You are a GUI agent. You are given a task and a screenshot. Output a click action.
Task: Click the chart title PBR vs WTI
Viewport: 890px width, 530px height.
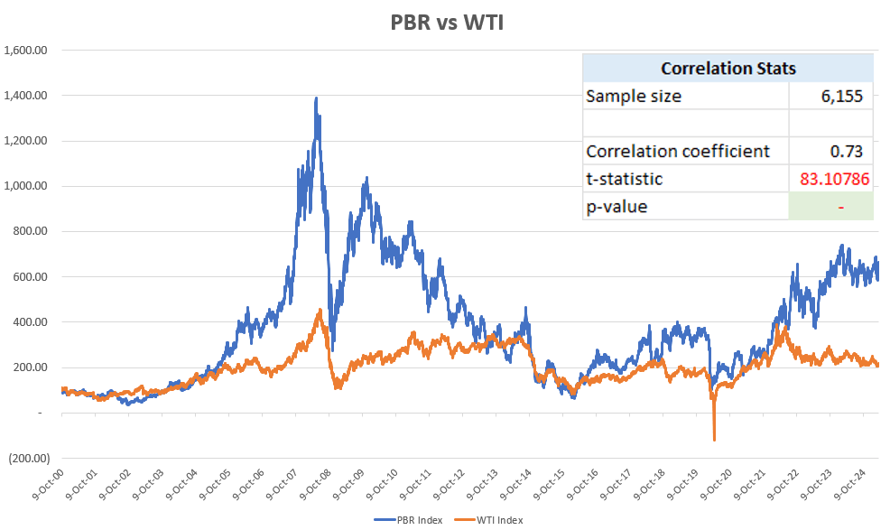coord(446,23)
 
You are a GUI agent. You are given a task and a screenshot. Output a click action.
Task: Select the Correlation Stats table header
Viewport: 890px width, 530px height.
coord(728,69)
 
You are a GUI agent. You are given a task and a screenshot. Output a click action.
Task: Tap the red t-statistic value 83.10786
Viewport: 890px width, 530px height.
coord(835,179)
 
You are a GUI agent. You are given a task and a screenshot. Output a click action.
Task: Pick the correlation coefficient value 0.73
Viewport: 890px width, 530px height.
coord(855,151)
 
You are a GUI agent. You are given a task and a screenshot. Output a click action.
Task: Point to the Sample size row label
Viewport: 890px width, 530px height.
coord(634,97)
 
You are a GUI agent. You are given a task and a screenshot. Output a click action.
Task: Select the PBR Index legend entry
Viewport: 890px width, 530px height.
coord(405,519)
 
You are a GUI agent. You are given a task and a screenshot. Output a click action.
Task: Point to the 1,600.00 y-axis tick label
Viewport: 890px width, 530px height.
coord(26,51)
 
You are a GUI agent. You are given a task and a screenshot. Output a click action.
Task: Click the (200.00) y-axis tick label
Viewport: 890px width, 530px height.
coord(27,459)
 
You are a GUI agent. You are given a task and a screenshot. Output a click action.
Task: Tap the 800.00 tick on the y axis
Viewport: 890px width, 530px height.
coord(30,232)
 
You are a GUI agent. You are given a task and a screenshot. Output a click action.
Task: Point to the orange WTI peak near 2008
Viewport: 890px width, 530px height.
coord(320,311)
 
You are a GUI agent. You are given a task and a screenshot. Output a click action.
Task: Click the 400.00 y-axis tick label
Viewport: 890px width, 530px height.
coord(30,322)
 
